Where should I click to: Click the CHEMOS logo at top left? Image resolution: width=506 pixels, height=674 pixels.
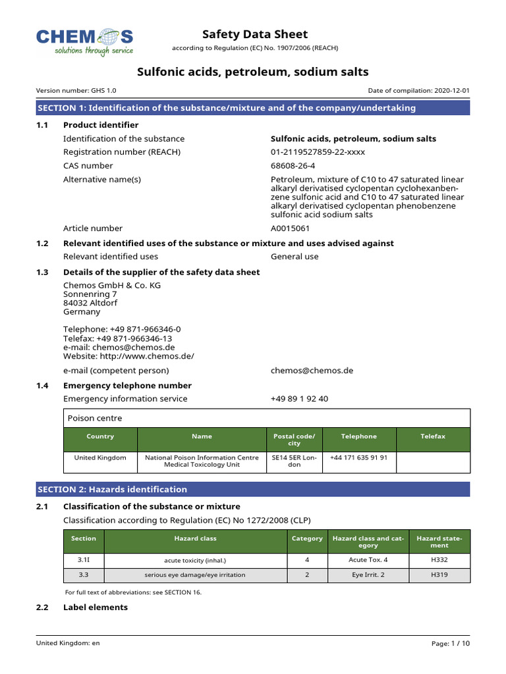coord(84,41)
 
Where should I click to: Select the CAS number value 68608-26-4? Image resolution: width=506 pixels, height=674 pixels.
coord(293,166)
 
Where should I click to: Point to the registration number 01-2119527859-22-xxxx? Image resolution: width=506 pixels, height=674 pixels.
coord(318,152)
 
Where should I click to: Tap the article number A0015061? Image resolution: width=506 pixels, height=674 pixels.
coord(290,228)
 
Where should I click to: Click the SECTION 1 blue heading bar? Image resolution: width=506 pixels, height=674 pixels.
coord(253,108)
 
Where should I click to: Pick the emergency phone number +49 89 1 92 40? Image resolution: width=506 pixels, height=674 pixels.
coord(299,399)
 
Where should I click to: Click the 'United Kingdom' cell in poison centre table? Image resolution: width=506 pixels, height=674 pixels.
coord(100,457)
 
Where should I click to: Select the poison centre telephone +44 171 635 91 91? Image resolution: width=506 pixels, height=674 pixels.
coord(358,457)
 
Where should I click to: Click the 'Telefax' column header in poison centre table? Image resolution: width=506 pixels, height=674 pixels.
coord(433,436)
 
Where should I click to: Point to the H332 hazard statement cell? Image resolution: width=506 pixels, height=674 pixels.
coord(439,560)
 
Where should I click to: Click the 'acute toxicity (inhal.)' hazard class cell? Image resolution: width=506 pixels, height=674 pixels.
coord(195,560)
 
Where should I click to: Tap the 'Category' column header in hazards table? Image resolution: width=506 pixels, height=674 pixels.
coord(307,538)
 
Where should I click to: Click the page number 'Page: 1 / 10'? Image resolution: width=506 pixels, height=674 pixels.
coord(451,643)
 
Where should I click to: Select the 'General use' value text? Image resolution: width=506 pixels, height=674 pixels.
coord(295,257)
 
